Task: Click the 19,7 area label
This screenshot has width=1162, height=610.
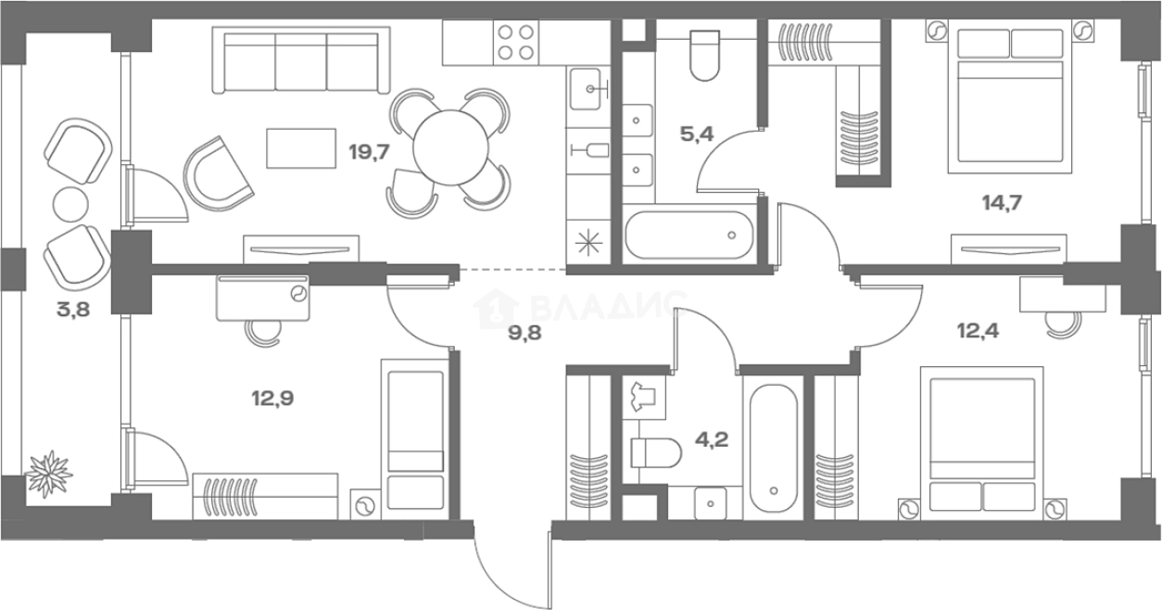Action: point(369,153)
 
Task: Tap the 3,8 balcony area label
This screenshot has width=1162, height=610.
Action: point(73,310)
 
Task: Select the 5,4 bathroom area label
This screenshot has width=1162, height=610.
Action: point(697,134)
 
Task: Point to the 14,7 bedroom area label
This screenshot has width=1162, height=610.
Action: point(1002,202)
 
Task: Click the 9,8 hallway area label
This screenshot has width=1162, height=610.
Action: point(524,333)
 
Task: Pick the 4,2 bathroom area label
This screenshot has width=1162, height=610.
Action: point(712,439)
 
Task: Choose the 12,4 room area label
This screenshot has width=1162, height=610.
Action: point(978,330)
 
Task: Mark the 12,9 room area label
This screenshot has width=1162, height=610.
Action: point(272,399)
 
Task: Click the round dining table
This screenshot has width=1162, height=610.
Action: point(450,148)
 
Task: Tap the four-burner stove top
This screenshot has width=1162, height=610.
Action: point(515,43)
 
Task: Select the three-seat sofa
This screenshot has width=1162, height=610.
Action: point(301,60)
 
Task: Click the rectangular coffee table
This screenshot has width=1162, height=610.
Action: point(301,148)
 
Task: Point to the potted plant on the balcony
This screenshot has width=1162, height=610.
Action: point(49,474)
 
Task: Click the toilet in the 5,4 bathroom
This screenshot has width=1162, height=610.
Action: point(704,56)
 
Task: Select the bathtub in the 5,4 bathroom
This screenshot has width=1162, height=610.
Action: point(689,235)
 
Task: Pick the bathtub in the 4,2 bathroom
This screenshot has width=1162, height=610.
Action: point(773,449)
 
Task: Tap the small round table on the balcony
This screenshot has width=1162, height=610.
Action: point(70,204)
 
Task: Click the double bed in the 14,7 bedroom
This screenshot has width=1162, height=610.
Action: point(1009,101)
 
